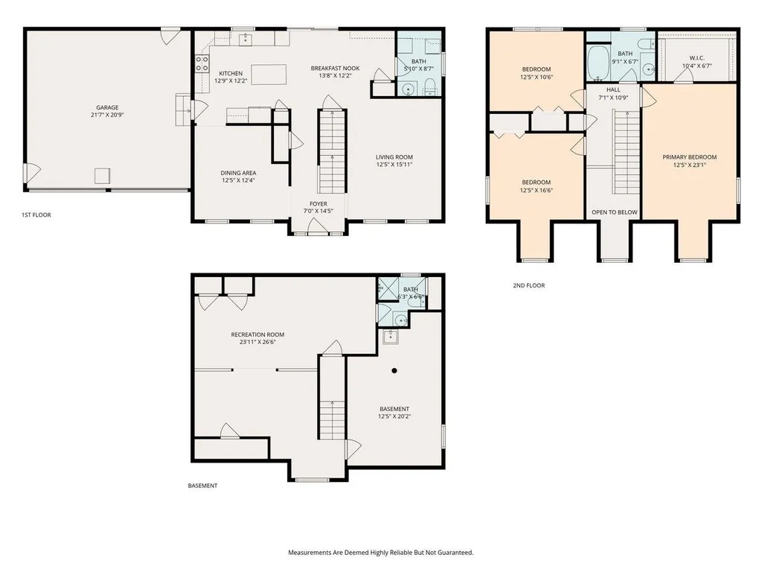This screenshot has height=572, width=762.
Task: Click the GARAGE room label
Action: (x=107, y=107)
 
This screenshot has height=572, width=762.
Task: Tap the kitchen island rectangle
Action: (x=269, y=74)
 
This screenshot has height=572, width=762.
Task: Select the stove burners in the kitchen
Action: (x=202, y=64)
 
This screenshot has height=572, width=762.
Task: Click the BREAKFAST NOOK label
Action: (x=336, y=68)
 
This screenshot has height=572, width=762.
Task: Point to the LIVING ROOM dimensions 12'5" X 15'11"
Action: (x=394, y=165)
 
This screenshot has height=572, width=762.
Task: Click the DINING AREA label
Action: (x=238, y=173)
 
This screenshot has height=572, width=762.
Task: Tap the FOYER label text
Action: (x=318, y=204)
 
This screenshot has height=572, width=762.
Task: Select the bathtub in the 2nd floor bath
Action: (x=598, y=63)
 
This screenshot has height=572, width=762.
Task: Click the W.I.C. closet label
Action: (x=697, y=58)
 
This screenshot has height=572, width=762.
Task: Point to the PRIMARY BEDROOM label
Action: (x=690, y=157)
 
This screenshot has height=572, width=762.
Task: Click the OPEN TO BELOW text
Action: (x=614, y=212)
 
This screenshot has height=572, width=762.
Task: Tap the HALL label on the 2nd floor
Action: (x=613, y=90)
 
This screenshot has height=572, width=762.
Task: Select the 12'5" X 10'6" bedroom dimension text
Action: (x=537, y=77)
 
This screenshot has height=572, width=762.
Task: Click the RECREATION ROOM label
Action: (x=257, y=334)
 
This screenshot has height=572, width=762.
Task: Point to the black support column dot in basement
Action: (x=394, y=371)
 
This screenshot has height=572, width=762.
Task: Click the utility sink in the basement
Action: (x=390, y=337)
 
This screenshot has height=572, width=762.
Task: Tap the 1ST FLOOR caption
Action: (x=36, y=214)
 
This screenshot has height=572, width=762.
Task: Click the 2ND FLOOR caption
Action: (x=529, y=285)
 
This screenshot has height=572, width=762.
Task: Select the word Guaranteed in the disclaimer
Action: (x=457, y=553)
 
